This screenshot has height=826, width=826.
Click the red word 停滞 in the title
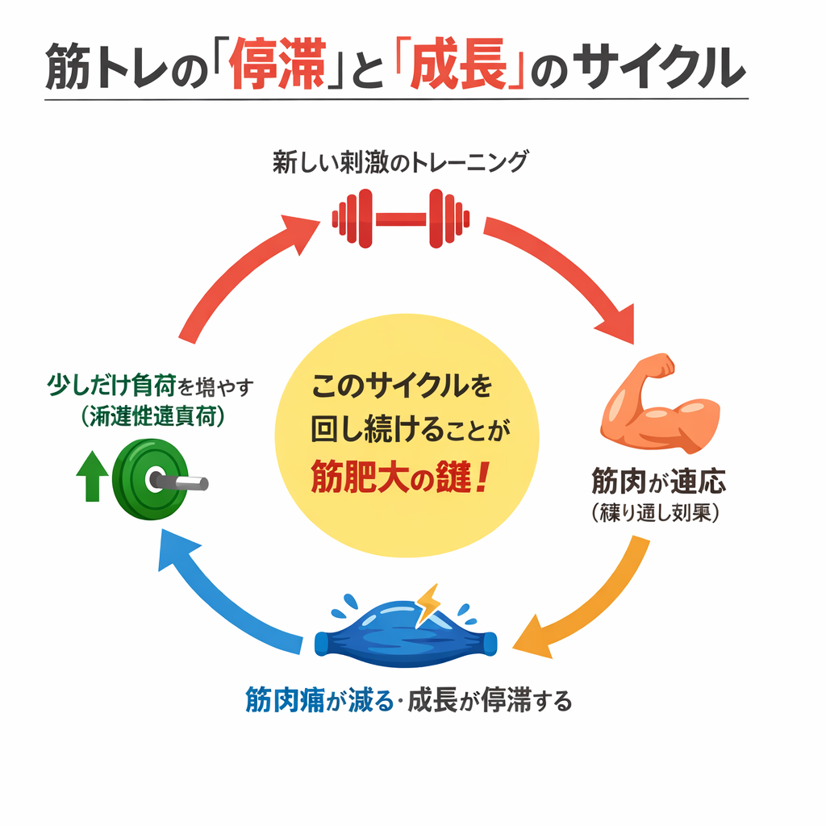276,69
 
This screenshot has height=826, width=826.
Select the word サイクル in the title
658,69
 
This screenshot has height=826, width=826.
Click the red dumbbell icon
401,217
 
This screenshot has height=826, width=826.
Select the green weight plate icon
145,481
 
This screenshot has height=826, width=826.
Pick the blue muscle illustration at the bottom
403,631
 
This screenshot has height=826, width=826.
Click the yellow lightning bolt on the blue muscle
427,604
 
